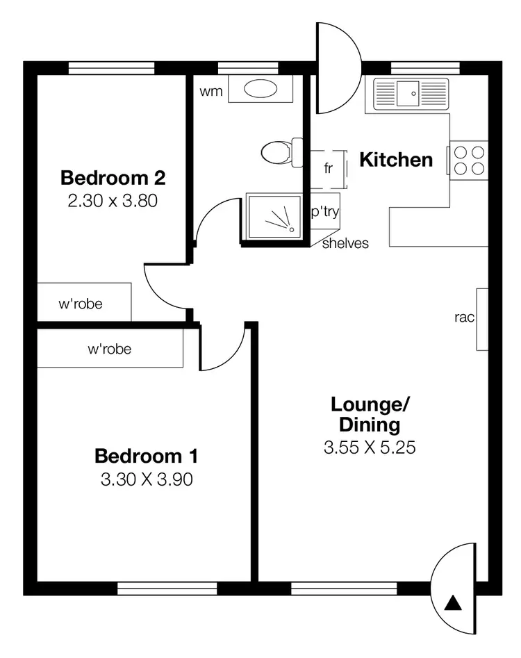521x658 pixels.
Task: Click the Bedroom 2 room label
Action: point(113,178)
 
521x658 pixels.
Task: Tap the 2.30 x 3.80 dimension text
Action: point(113,201)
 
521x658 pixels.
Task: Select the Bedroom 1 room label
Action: point(147,457)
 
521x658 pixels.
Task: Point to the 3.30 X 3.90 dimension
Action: point(147,479)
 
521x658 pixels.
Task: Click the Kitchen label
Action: point(396,160)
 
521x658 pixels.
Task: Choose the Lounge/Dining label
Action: point(370,414)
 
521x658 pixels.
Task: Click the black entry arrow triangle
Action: point(452,602)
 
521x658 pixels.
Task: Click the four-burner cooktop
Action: point(469,161)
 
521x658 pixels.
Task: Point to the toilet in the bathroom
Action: point(279,152)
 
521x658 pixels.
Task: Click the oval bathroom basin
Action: point(260,90)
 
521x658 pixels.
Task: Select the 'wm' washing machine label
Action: point(211,92)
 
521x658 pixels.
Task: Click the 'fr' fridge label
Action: point(329,168)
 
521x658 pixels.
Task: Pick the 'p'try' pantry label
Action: point(324,212)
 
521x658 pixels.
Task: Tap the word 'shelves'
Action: point(345,243)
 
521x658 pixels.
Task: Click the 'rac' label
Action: point(464,318)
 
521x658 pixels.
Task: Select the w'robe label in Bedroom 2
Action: point(81,304)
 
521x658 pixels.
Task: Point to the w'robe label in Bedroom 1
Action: point(109,349)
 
